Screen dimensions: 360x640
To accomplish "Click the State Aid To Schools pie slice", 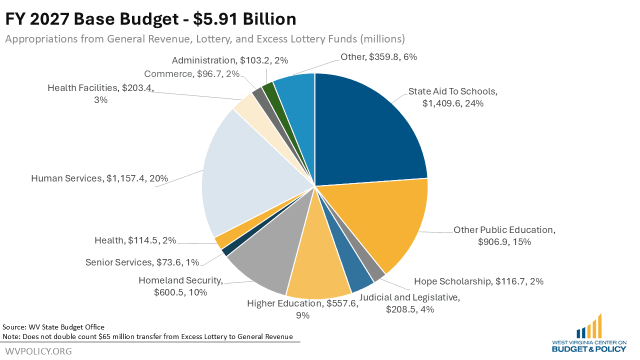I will click(x=370, y=130).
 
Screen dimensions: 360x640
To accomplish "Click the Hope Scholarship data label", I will click(x=478, y=281).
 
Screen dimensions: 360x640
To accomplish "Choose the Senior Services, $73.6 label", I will click(x=142, y=262).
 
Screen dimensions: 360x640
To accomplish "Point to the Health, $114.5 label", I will click(x=135, y=240).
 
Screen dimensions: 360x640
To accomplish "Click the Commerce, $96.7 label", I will click(x=192, y=74).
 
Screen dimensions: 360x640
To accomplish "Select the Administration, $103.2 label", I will click(x=230, y=60).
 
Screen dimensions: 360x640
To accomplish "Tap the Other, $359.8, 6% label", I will click(x=378, y=57).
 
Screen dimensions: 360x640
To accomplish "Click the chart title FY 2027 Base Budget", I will click(x=150, y=19).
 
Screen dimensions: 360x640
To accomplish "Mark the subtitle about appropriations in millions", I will click(x=205, y=39).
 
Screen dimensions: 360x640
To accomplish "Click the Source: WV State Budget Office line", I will click(x=53, y=327).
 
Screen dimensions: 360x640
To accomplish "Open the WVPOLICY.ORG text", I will click(x=38, y=351).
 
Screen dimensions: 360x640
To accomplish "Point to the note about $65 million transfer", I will click(x=147, y=336).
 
